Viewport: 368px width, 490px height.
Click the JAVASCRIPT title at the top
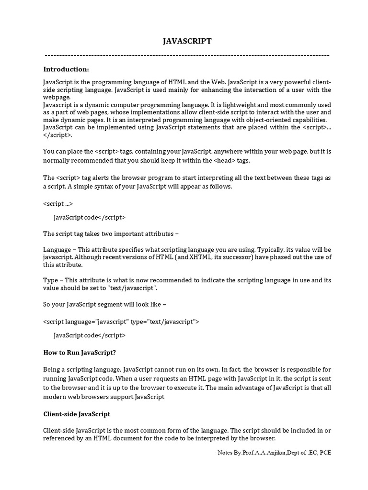coord(187,42)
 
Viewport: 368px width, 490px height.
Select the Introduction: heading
coord(66,69)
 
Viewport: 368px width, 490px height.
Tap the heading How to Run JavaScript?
coord(80,353)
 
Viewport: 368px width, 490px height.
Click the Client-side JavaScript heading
coord(77,413)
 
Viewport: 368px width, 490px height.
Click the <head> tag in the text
coord(224,160)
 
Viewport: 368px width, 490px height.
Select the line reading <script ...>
coord(58,203)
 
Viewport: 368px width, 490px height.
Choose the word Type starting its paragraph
coord(50,280)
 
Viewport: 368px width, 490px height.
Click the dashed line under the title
coord(187,56)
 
